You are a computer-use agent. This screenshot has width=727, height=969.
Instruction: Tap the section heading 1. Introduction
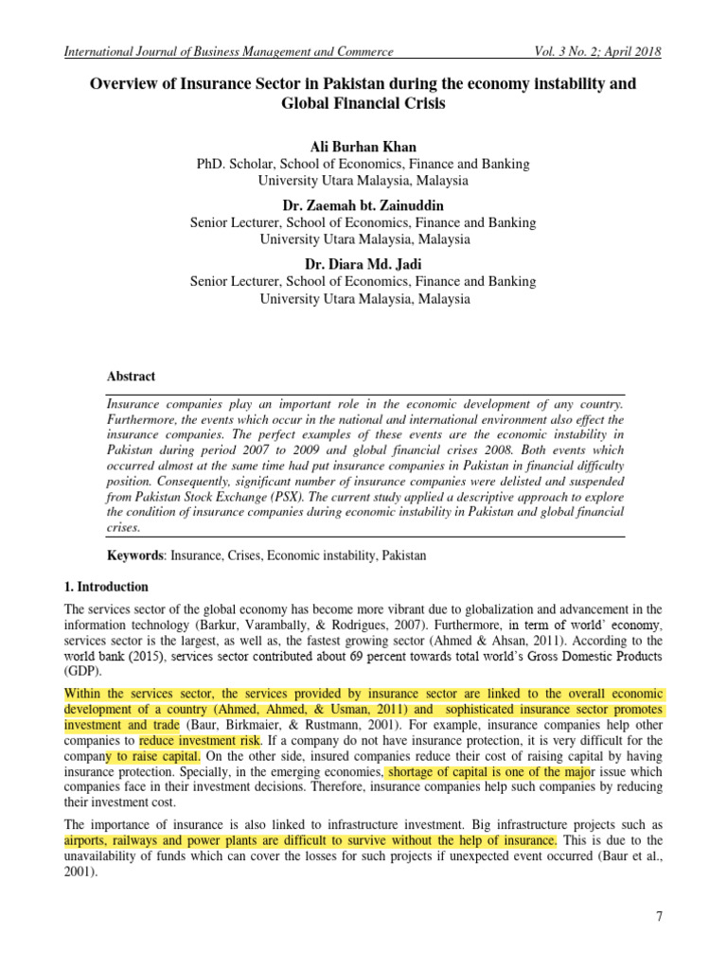106,587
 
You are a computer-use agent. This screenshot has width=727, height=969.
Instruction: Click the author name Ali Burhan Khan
363,147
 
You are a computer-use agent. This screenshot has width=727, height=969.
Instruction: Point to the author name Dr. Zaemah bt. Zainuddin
363,205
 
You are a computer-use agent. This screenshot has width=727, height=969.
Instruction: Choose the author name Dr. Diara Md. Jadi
363,264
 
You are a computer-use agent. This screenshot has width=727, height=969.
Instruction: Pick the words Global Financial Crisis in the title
363,103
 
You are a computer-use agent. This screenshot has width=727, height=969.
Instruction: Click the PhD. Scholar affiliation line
363,164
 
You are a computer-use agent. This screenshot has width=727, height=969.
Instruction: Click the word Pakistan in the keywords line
404,555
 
